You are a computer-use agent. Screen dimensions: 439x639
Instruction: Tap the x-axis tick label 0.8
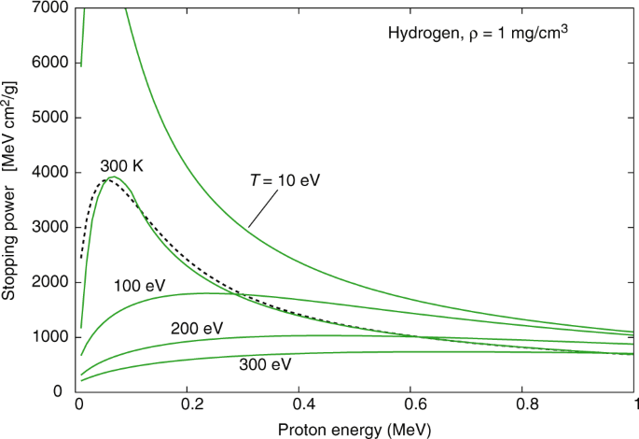[523, 407]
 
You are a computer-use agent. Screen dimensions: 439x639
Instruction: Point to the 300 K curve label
[120, 166]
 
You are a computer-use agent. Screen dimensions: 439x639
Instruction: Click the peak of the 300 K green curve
[113, 177]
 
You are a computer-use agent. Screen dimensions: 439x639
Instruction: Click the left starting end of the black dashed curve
[82, 258]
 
